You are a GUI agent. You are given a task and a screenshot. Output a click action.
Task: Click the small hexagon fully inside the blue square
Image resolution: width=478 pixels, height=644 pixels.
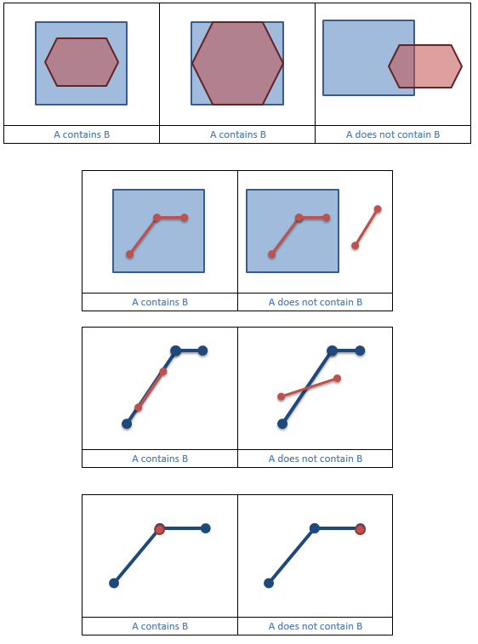click(82, 62)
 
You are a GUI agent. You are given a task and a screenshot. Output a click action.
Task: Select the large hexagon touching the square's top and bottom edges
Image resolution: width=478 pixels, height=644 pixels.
click(237, 63)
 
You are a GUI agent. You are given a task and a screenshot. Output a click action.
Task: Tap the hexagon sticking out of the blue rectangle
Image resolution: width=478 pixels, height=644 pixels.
click(425, 66)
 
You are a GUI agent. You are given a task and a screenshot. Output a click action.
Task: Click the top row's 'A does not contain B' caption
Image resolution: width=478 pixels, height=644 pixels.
click(393, 134)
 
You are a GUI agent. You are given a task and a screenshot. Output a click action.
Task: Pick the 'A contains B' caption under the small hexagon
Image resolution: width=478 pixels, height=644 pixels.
click(82, 134)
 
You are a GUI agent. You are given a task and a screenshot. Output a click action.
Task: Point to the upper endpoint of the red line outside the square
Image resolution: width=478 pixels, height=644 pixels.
click(378, 209)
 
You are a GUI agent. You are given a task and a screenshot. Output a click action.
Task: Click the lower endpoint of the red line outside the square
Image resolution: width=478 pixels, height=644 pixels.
click(355, 246)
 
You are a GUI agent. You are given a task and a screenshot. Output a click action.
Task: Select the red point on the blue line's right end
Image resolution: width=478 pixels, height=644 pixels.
click(360, 529)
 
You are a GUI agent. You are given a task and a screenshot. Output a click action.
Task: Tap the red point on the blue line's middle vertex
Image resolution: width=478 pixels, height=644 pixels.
click(159, 529)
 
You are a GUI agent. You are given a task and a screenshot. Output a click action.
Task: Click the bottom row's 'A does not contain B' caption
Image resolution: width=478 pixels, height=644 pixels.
click(316, 626)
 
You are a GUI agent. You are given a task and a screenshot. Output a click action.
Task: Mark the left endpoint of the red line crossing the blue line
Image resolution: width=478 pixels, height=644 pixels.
click(281, 396)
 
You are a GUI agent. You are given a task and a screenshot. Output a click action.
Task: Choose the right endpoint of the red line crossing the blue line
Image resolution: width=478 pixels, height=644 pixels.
click(338, 378)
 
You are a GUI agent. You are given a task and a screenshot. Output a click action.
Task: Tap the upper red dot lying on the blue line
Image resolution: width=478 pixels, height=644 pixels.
click(163, 371)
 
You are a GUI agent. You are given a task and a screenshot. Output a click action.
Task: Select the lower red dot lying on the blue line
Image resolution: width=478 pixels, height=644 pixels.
click(139, 407)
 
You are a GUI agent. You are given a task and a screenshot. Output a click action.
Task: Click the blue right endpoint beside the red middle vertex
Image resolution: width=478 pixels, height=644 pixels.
click(206, 528)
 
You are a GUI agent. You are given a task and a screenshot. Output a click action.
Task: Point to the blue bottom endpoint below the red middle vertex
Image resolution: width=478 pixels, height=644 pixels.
click(113, 583)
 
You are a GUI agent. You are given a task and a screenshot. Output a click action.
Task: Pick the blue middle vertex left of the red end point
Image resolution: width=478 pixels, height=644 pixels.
click(315, 528)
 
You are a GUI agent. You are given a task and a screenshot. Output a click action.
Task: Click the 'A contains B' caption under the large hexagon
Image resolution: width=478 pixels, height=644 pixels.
click(238, 134)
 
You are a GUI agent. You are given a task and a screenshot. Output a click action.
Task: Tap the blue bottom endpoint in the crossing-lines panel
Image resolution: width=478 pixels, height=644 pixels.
click(282, 423)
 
